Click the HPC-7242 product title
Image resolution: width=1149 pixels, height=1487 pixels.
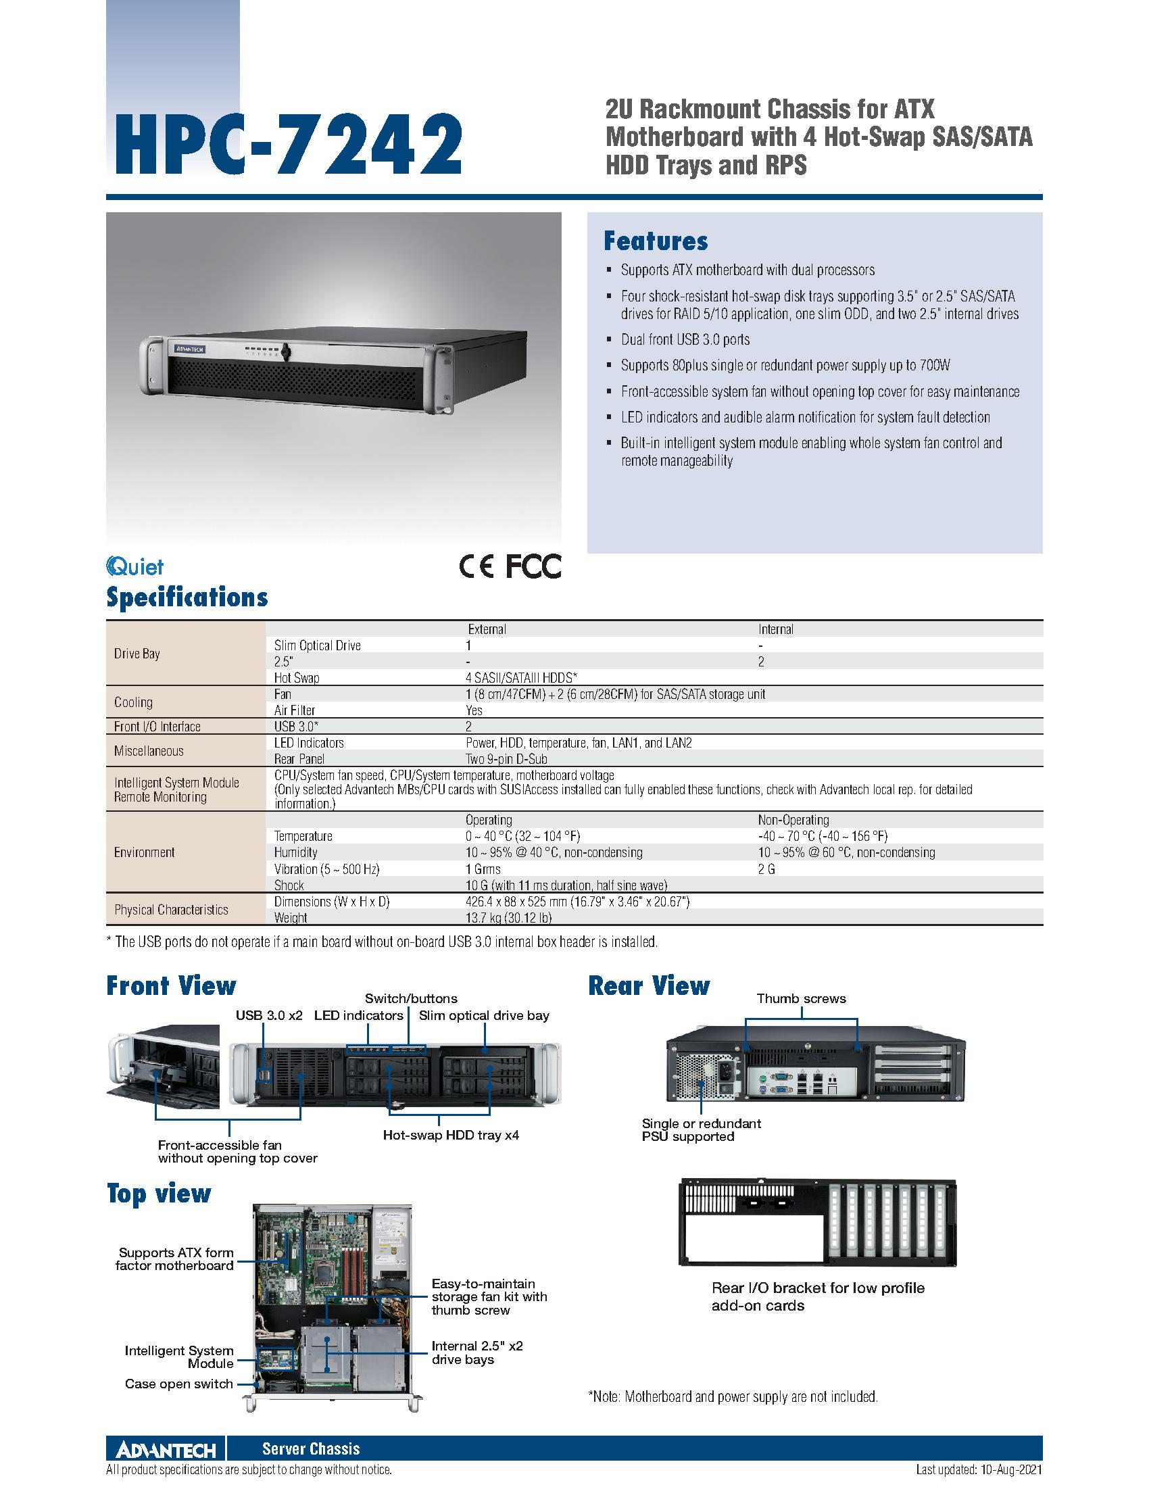pos(285,145)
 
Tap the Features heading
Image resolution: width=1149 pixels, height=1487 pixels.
pos(656,241)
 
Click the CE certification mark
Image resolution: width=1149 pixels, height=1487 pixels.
pos(476,566)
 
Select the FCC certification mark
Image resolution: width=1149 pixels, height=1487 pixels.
pos(533,566)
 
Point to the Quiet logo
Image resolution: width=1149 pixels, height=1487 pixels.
pos(135,566)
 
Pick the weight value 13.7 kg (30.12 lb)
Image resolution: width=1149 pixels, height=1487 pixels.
pos(508,918)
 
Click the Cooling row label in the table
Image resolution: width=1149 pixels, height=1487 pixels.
pos(133,702)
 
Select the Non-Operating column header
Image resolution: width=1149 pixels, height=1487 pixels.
pos(793,820)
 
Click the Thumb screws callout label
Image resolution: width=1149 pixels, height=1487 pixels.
pos(801,999)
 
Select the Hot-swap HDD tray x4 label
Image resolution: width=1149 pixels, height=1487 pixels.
pos(451,1135)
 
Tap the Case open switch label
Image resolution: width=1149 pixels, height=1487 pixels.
pos(179,1384)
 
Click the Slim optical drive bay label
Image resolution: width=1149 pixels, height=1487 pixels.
pos(484,1016)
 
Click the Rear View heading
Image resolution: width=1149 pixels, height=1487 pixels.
pos(649,986)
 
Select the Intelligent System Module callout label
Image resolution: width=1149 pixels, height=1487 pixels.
pos(179,1357)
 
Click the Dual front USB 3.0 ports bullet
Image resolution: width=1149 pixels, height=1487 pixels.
pos(685,340)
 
